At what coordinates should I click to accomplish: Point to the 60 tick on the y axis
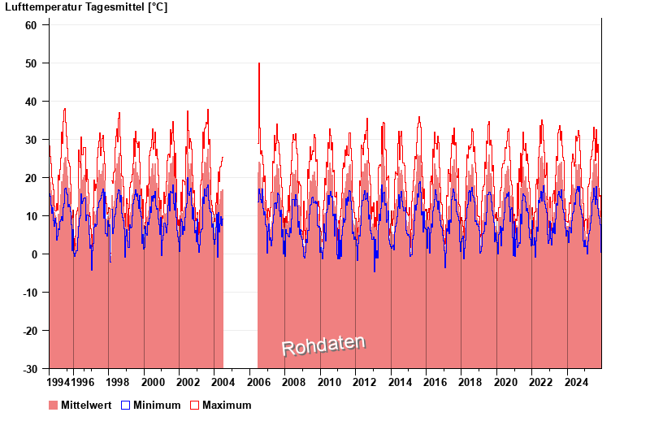pos(32,25)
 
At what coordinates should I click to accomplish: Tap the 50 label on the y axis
pos(32,63)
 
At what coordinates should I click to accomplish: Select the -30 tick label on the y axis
pos(28,369)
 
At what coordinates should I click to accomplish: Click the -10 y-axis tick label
pos(28,293)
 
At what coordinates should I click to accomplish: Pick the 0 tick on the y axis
pos(35,254)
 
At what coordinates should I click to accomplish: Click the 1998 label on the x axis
pos(119,382)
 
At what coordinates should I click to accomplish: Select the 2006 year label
pos(259,382)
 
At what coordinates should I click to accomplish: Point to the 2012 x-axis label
pos(365,382)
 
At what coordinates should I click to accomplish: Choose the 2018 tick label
pos(470,382)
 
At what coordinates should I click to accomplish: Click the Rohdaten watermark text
pos(323,346)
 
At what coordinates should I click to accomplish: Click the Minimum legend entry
pos(157,406)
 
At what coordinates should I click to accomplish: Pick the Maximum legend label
pos(227,406)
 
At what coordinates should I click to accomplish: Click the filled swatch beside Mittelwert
pos(54,406)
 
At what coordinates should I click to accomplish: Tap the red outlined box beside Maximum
pos(194,406)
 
